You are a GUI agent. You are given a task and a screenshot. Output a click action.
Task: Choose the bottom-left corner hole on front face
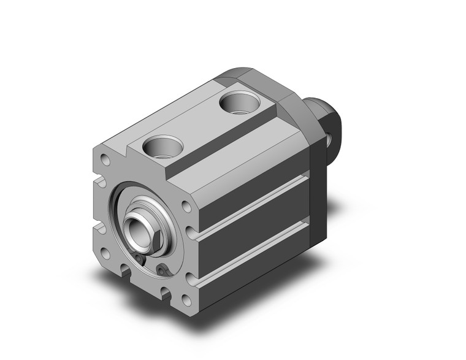(105, 252)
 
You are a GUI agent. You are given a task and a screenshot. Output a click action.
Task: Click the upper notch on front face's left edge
(98, 184)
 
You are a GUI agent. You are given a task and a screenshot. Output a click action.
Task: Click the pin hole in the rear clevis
(335, 140)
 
